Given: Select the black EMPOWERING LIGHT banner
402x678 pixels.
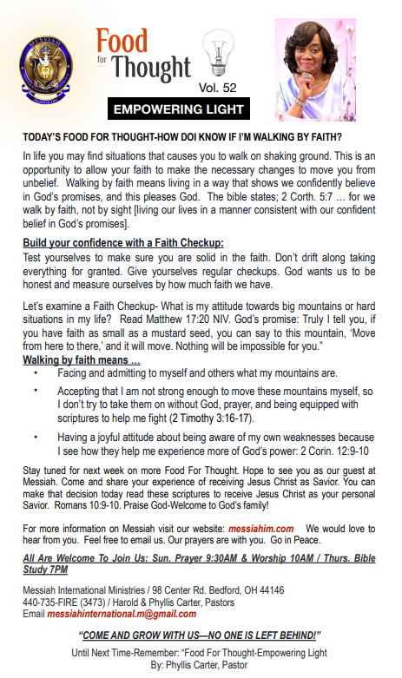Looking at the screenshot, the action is [x=180, y=109].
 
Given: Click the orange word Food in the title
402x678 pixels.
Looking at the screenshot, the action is [x=122, y=40].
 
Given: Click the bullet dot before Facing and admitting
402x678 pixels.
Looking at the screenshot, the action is [x=36, y=372].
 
